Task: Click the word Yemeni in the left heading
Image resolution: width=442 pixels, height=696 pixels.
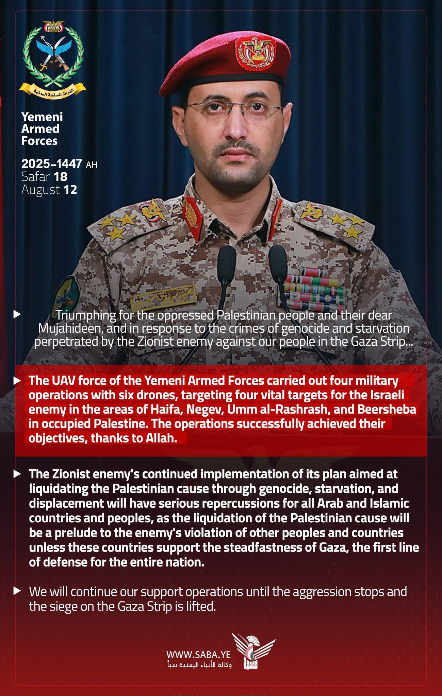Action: click(42, 117)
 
